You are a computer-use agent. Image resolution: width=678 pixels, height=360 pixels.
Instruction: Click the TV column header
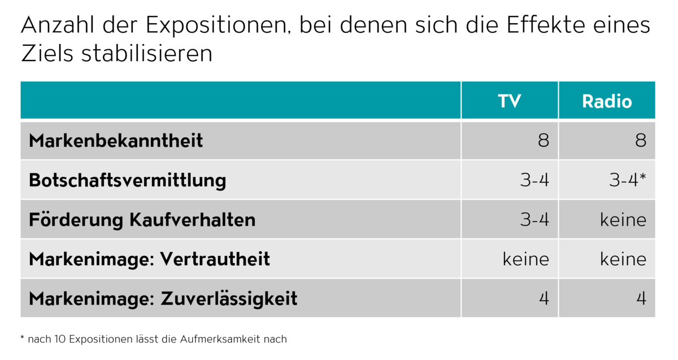click(509, 101)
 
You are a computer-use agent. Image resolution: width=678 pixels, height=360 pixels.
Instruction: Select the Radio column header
click(607, 101)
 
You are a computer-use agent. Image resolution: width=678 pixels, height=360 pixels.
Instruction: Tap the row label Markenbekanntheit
click(116, 141)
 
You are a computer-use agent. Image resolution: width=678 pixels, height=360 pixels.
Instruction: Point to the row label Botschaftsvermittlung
click(127, 180)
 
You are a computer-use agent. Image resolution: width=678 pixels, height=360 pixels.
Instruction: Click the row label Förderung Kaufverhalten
click(142, 220)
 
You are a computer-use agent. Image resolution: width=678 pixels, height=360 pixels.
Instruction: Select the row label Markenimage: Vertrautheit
click(149, 259)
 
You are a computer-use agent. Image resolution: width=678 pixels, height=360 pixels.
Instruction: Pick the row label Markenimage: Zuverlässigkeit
click(163, 298)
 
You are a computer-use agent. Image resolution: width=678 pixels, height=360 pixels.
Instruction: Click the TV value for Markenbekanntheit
click(543, 141)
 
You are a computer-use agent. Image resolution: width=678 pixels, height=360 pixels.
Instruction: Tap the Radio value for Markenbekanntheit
click(640, 141)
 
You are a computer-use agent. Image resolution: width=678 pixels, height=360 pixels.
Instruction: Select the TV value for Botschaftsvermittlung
click(534, 180)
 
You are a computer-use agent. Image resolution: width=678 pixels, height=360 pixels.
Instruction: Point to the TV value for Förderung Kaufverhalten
click(534, 220)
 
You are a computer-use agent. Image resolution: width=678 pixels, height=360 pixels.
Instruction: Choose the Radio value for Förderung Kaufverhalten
click(623, 220)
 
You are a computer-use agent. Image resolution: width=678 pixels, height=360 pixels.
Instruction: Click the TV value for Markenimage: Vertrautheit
click(526, 259)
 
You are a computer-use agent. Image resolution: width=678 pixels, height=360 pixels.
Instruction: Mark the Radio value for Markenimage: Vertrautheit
click(623, 259)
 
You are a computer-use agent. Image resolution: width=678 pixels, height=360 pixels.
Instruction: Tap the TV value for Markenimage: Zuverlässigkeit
click(544, 298)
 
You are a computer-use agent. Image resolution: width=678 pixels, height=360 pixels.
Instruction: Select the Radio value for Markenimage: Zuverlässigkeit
click(641, 298)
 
